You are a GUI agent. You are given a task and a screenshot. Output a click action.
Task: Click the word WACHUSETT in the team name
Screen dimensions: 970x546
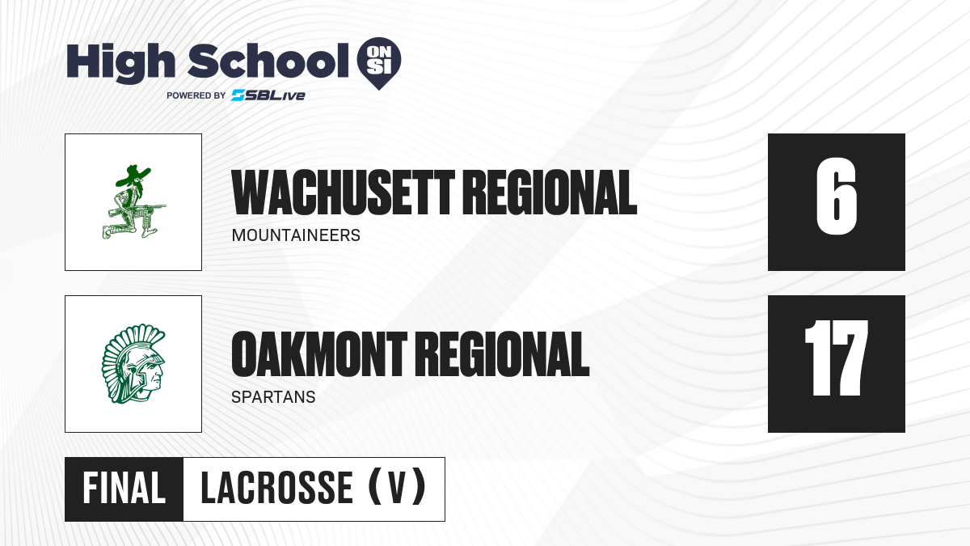pos(343,193)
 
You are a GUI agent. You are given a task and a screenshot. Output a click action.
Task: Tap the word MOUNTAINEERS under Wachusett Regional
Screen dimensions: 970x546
pos(296,235)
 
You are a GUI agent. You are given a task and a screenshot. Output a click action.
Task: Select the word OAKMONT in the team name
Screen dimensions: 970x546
pos(319,354)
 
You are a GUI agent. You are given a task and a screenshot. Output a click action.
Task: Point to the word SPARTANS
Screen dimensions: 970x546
pos(273,397)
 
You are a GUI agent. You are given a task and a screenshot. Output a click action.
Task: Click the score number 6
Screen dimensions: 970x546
pos(836,197)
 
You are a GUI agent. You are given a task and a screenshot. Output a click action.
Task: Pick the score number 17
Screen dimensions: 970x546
pos(836,358)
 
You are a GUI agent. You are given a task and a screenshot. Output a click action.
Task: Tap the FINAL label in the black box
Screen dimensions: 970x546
pos(124,489)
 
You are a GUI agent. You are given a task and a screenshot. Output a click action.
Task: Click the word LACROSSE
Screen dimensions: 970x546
pos(277,489)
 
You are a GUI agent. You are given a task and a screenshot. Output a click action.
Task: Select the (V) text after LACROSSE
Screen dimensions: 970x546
pos(397,487)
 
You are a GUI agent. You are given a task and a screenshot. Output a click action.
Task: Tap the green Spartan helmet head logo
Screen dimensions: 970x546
pos(133,364)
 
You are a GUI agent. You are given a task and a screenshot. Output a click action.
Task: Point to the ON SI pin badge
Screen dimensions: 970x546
pos(379,63)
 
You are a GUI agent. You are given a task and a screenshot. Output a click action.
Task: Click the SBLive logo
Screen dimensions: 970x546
pos(268,95)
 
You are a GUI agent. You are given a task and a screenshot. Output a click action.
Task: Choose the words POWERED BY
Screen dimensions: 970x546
pos(196,95)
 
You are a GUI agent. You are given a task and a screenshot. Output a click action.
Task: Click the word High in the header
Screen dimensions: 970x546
pos(120,62)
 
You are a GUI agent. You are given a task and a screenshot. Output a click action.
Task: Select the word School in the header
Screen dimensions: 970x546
pos(268,61)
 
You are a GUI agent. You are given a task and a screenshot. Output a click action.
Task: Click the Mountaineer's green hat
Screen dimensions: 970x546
pos(132,175)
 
